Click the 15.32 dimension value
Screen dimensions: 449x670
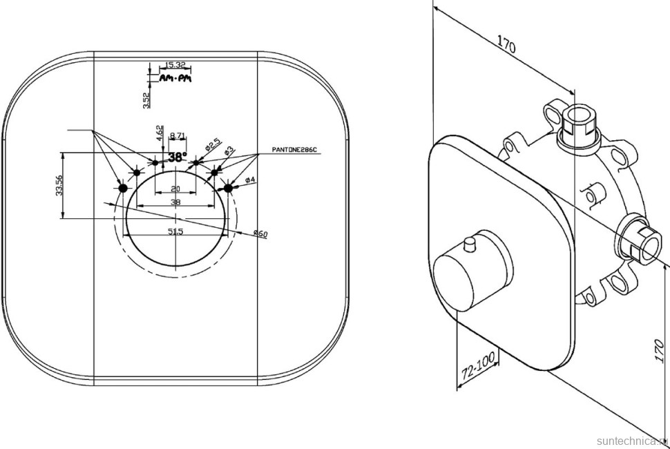175,66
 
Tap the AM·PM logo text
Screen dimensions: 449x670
175,79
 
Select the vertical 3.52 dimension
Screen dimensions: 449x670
146,99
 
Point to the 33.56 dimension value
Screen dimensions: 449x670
59,185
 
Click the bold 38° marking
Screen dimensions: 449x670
178,157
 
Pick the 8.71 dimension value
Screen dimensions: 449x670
177,136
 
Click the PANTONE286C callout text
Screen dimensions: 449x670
294,150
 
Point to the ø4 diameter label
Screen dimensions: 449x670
249,180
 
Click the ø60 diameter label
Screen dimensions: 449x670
260,233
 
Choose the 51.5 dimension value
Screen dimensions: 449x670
175,231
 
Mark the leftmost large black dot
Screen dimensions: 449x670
123,188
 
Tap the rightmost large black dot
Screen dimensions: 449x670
229,187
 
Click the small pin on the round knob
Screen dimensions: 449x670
470,245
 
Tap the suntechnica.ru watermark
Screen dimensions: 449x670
631,439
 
